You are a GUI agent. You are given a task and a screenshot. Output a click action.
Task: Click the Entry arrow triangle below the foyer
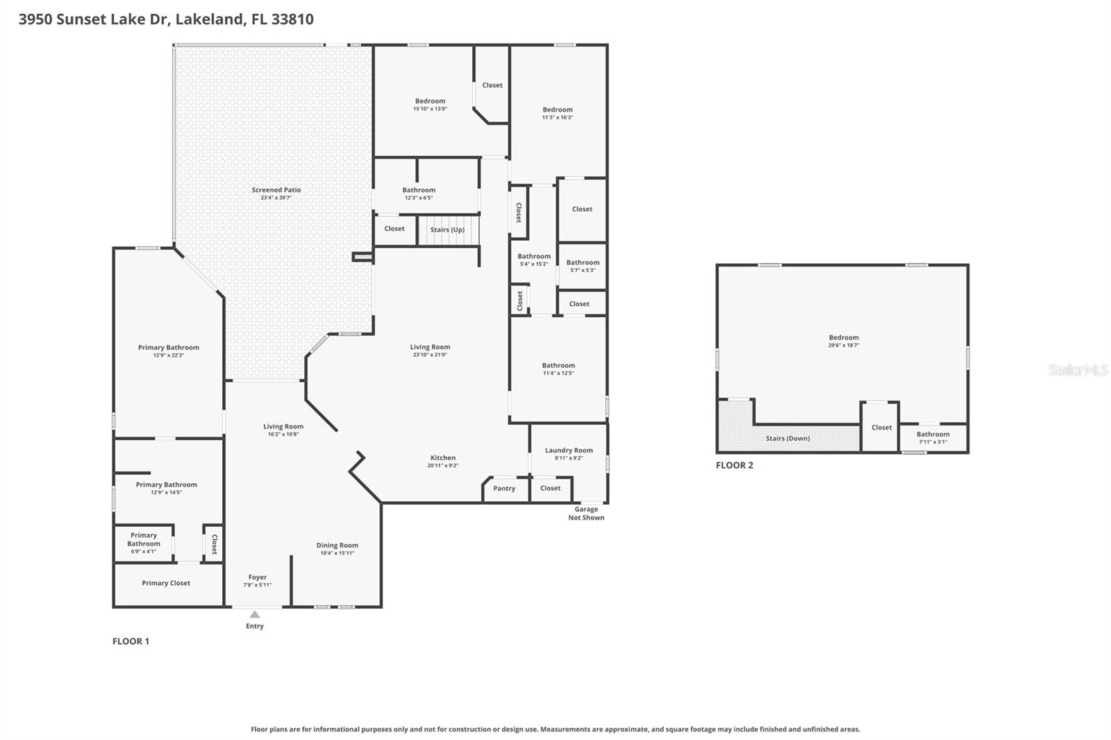click(x=255, y=614)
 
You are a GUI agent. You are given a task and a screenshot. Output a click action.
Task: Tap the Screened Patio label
click(x=276, y=190)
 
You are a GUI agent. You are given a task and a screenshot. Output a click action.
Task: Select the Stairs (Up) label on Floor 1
click(x=447, y=230)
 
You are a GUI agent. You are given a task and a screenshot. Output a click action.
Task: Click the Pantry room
click(x=504, y=489)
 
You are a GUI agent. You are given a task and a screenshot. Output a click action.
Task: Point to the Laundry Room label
click(x=569, y=451)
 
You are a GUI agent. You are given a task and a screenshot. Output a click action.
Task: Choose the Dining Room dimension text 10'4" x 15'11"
click(x=337, y=553)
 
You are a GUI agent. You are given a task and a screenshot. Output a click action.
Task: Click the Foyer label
click(x=258, y=578)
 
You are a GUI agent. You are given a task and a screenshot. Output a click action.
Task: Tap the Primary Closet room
click(x=166, y=583)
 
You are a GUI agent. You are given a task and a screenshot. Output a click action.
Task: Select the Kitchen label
click(x=443, y=458)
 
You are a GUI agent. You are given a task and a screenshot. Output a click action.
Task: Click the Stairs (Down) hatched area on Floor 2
click(x=788, y=439)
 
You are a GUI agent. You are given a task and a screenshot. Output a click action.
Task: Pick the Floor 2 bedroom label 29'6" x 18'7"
click(x=844, y=345)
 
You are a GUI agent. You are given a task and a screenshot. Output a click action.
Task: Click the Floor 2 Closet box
click(x=881, y=428)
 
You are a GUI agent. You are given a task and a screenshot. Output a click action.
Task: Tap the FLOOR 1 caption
click(x=131, y=641)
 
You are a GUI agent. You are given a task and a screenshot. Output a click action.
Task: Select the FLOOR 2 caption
click(x=735, y=466)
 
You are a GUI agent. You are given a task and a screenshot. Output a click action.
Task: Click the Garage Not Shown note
click(x=586, y=514)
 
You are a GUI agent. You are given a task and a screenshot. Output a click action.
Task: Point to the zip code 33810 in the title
click(x=292, y=19)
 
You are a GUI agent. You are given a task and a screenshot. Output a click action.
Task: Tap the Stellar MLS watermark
click(x=1078, y=370)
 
